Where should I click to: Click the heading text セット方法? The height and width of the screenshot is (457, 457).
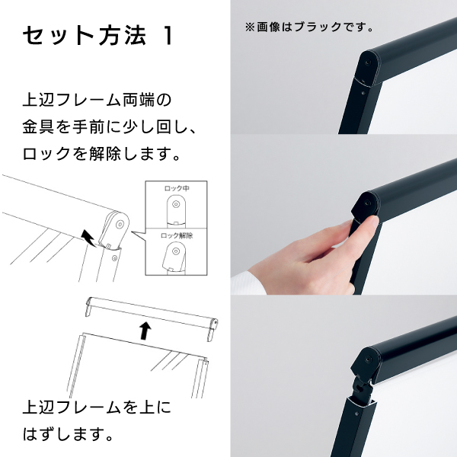point(84,36)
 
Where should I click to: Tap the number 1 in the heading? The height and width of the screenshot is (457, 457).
point(168,36)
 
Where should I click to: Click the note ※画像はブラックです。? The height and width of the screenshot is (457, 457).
point(309,27)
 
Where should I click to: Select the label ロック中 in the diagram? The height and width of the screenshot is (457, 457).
point(177,188)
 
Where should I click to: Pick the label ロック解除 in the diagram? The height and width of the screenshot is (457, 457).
point(177,235)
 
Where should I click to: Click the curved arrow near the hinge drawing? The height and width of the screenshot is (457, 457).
point(88,238)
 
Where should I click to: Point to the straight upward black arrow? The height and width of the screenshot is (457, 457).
point(145,331)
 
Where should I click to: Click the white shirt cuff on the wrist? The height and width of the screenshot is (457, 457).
point(248,283)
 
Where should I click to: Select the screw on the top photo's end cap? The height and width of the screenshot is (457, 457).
point(368,62)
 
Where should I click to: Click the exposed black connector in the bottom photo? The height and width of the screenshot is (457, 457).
point(362,388)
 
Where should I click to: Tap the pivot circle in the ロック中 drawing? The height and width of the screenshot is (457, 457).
point(176,204)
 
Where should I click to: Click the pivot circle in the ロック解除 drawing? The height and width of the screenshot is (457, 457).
point(175,251)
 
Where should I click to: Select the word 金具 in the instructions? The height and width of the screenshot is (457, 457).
point(38,127)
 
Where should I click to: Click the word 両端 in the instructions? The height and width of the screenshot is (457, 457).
point(139,100)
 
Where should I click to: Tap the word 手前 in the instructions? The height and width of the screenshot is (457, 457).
point(88,127)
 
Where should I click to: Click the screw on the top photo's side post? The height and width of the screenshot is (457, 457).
point(363,93)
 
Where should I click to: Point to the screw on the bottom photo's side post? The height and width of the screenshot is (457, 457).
point(356,414)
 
